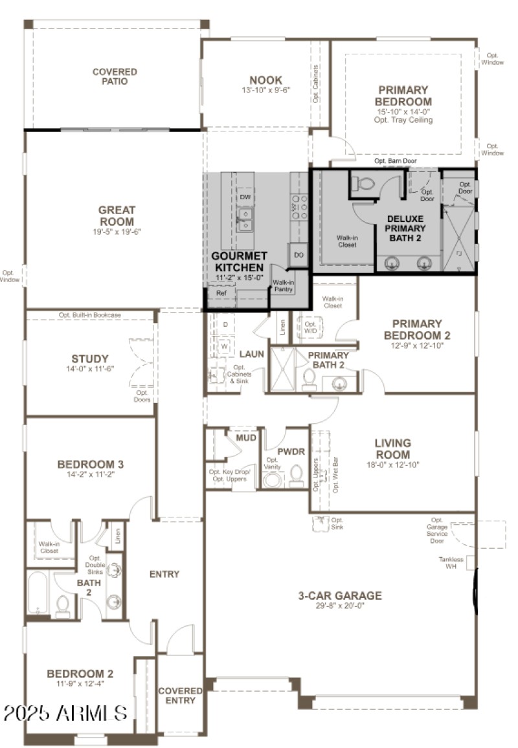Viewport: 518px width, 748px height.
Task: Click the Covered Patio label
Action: click(x=115, y=76)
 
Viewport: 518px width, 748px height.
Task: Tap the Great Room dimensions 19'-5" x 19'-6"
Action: click(x=117, y=231)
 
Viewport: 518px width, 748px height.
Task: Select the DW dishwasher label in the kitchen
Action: click(x=245, y=197)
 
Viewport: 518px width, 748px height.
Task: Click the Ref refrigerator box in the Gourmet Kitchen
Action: click(x=221, y=293)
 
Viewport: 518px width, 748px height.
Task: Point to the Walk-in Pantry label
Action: click(x=284, y=286)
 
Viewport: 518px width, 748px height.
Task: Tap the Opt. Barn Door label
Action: click(x=395, y=161)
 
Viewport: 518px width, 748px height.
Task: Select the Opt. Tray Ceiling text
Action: click(x=403, y=120)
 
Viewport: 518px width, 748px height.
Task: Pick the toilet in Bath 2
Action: click(x=63, y=606)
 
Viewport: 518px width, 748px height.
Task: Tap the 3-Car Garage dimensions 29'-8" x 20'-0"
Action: click(x=339, y=606)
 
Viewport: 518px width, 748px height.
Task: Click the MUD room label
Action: click(x=245, y=438)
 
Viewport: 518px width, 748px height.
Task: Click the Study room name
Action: click(x=89, y=358)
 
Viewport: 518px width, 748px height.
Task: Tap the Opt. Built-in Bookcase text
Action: click(x=90, y=315)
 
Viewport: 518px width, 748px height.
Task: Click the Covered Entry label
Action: click(x=180, y=696)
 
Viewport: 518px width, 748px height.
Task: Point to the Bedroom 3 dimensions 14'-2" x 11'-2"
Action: click(x=90, y=476)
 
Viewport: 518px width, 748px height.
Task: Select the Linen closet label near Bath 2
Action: click(x=117, y=536)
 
